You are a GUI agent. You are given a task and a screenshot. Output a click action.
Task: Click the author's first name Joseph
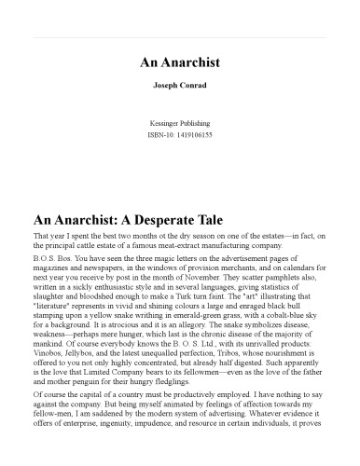coord(164,96)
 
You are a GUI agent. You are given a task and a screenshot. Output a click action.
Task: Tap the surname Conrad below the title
coord(195,96)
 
